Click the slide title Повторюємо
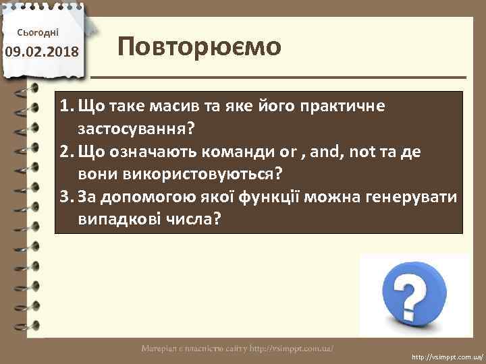coord(199,49)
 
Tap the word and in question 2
coord(326,151)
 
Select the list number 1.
coord(65,106)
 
